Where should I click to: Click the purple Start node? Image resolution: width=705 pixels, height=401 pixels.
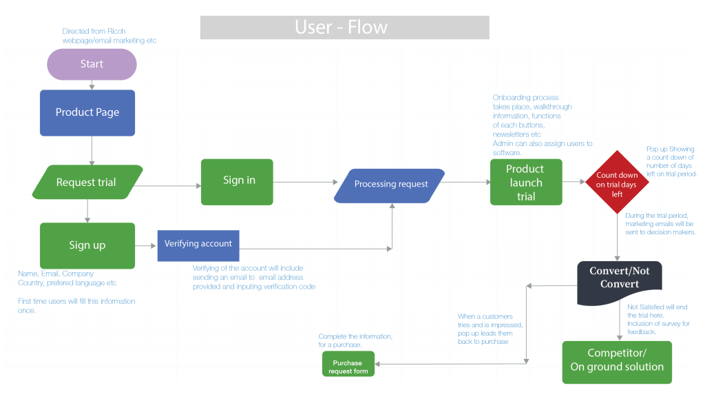(x=92, y=64)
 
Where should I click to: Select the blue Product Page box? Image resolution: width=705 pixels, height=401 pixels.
(x=87, y=112)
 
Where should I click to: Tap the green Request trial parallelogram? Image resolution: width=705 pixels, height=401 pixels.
(x=87, y=183)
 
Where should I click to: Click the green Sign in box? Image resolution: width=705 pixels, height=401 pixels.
(x=237, y=181)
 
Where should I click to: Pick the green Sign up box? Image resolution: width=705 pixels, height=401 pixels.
(x=87, y=245)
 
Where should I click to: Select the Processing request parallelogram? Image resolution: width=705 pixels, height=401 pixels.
(x=391, y=184)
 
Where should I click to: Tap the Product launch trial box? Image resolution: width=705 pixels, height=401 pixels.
(x=526, y=183)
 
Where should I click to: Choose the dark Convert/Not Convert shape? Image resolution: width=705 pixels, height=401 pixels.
(x=619, y=278)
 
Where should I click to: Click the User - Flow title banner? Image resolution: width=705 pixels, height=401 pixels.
(x=344, y=28)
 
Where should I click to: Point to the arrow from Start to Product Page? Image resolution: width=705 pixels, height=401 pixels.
(x=92, y=85)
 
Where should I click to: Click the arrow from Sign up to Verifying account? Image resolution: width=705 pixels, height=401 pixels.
(x=146, y=246)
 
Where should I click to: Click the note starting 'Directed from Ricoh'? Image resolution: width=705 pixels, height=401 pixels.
(x=109, y=37)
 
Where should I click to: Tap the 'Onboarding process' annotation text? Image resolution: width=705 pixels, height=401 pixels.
(x=543, y=125)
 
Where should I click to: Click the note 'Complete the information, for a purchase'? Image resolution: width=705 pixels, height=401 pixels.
(x=355, y=340)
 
